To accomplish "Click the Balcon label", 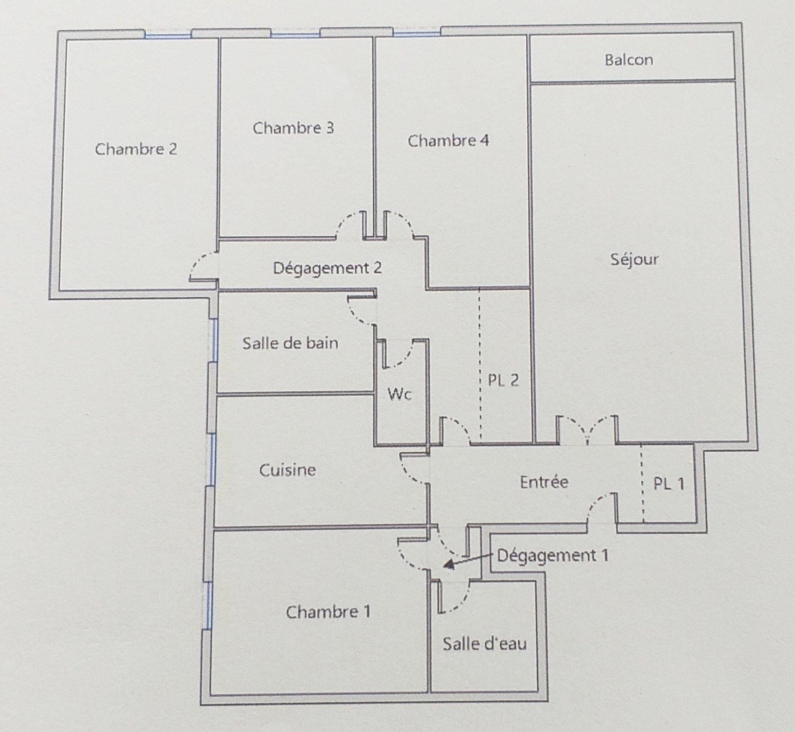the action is [629, 60].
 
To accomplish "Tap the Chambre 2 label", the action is [136, 149].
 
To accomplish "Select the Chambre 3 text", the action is [293, 128].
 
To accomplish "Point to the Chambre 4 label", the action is [448, 141].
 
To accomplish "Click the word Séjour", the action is [634, 259].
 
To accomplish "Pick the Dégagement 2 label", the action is [327, 268].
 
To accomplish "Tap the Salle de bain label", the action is [290, 343].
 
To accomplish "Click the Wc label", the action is [400, 394].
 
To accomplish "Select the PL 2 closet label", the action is [503, 380].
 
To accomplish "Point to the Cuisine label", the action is [288, 470].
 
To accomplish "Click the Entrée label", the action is [544, 482].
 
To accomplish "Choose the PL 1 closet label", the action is [669, 484].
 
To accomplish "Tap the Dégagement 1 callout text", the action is [553, 556].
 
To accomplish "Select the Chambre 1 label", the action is [328, 612].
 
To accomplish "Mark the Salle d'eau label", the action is [484, 644].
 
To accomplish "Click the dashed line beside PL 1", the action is [642, 484].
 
